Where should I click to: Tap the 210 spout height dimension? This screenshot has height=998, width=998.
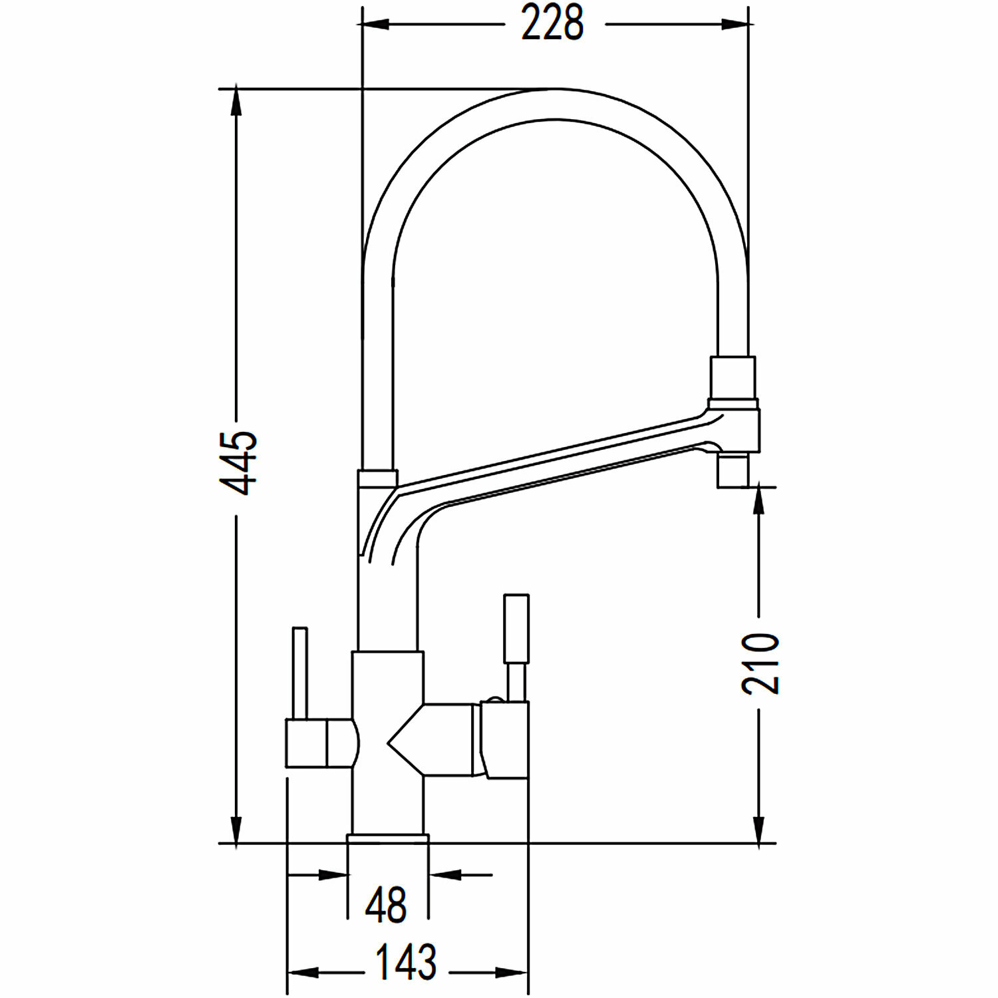[760, 664]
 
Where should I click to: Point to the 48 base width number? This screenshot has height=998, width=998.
[386, 905]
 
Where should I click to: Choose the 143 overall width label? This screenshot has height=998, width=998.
[406, 962]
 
